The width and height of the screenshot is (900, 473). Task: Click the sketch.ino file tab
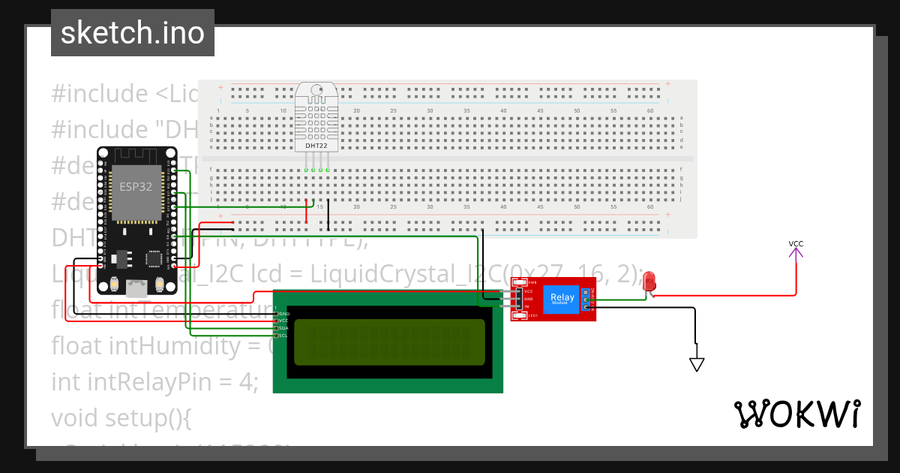tap(133, 33)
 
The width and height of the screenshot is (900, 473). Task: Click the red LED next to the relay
tap(649, 282)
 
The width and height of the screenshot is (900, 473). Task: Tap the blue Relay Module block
tap(562, 299)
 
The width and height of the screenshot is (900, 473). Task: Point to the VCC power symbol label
tap(796, 244)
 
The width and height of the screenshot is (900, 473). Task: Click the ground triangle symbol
tap(697, 365)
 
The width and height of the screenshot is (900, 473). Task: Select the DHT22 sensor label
tap(316, 145)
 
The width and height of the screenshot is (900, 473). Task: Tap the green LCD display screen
tap(388, 342)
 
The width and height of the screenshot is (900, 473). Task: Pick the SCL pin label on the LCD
tap(283, 336)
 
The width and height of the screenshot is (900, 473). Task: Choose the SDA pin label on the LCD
tap(283, 328)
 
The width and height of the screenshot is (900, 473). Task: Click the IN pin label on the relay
tap(526, 306)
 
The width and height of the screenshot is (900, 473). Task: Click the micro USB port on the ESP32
tap(136, 286)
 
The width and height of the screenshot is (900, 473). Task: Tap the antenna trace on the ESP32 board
tap(136, 158)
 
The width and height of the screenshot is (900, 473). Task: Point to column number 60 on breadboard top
tap(649, 111)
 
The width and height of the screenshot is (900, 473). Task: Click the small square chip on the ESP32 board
tap(154, 259)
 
